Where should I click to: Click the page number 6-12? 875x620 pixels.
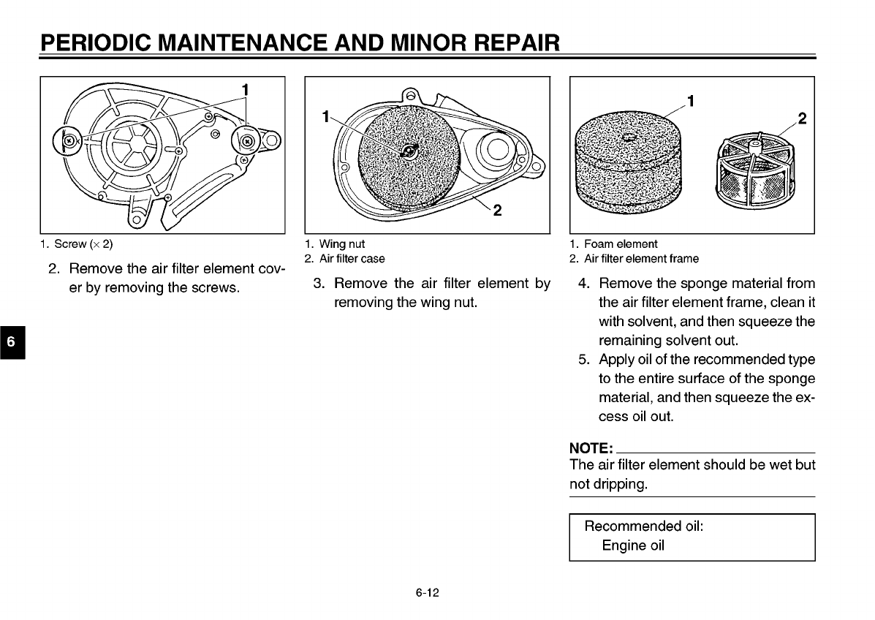tap(428, 593)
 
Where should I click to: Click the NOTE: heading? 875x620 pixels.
tap(591, 447)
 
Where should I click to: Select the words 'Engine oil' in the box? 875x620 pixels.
tap(633, 545)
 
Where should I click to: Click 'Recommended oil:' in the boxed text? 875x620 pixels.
tap(644, 526)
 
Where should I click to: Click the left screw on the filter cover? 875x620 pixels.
tap(68, 140)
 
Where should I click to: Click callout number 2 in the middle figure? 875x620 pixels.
tap(497, 211)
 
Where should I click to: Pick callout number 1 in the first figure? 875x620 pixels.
tap(246, 89)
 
